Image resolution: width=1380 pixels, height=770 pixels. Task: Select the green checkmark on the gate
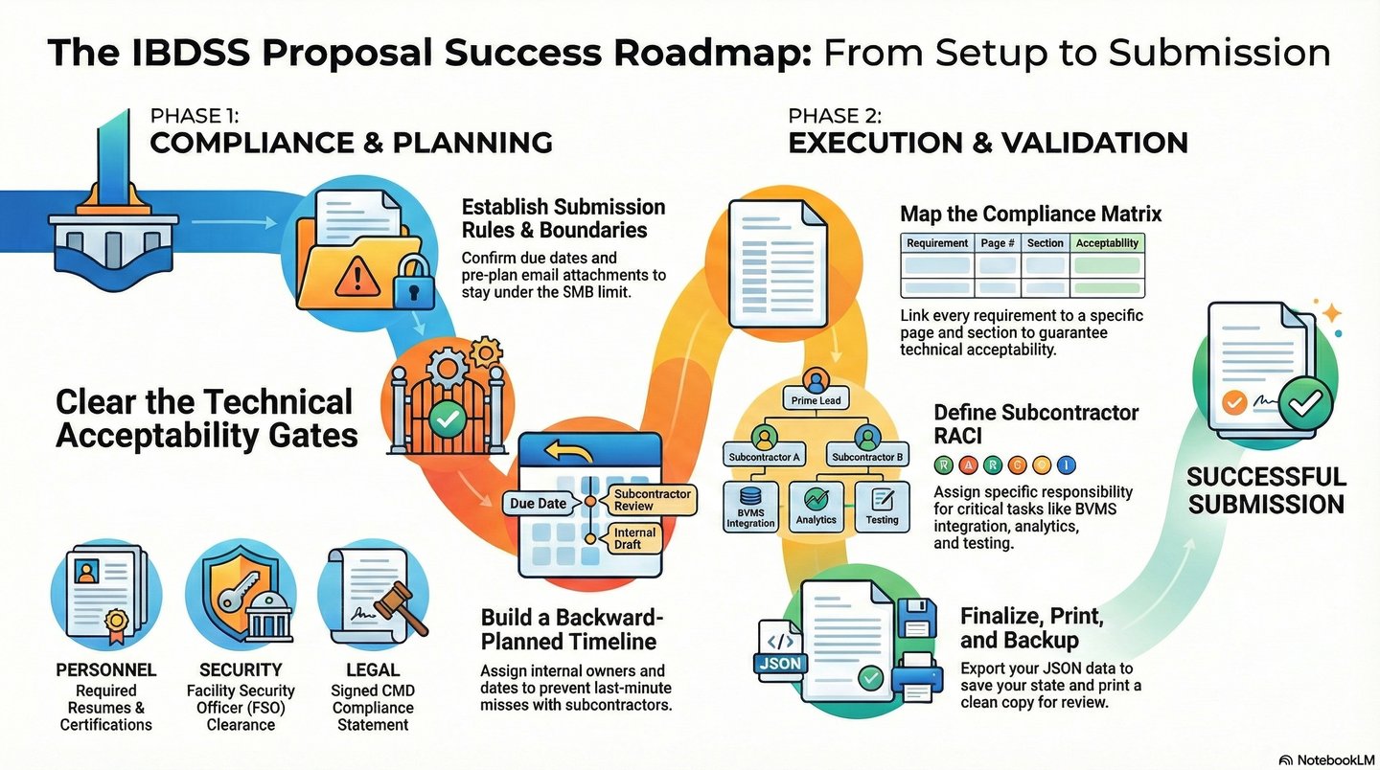(444, 418)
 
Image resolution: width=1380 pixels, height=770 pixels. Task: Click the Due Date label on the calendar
(538, 503)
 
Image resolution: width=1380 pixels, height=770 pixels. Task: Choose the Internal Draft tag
(634, 538)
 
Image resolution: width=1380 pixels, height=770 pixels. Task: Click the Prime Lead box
(816, 399)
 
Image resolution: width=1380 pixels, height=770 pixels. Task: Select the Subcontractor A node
(764, 457)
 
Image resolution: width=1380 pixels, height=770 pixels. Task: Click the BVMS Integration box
(750, 506)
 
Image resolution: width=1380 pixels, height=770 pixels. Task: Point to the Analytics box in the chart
(816, 506)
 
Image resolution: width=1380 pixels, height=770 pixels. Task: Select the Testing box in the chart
(882, 506)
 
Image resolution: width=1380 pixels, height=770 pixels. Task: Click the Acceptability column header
(1107, 243)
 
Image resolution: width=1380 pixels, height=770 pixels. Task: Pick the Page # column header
(998, 243)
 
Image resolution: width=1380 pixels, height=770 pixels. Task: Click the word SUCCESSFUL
(1266, 477)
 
